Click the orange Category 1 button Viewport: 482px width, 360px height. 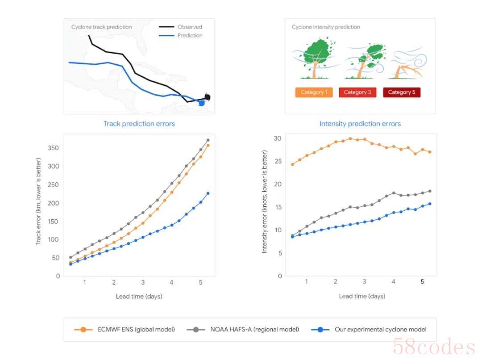pos(314,92)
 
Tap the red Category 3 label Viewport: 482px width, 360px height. pos(357,92)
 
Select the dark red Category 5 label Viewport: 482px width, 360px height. pos(401,92)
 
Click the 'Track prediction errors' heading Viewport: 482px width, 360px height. pos(139,124)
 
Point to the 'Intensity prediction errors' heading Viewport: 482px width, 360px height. pos(360,124)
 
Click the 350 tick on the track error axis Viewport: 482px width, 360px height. pos(54,148)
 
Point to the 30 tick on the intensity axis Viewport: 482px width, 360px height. pos(278,138)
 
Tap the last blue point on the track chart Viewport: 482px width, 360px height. pos(208,193)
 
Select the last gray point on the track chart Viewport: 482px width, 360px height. pos(208,140)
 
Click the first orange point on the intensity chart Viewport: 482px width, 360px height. pos(292,164)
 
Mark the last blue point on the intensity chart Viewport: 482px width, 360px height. pos(430,204)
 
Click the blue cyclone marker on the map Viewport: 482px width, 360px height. pos(201,103)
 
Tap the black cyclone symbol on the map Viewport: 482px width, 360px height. pos(207,97)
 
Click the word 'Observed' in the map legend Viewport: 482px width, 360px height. pos(190,27)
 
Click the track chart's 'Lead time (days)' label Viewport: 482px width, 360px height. pos(139,296)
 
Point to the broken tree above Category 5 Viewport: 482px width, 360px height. pos(407,67)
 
